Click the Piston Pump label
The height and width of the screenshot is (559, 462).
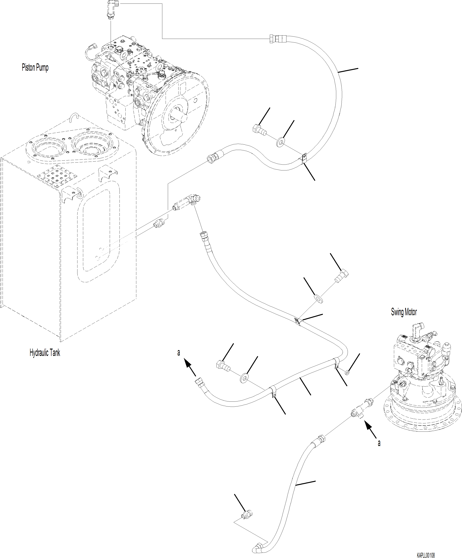click(x=35, y=67)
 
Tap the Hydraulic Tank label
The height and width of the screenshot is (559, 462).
click(x=45, y=353)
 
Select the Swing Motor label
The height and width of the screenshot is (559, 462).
click(x=404, y=312)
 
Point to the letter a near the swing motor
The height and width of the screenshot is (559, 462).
click(x=379, y=443)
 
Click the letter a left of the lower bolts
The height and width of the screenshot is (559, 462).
click(x=179, y=353)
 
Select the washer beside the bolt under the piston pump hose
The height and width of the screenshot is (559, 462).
click(x=280, y=142)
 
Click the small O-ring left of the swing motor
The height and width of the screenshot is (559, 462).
click(x=347, y=372)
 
